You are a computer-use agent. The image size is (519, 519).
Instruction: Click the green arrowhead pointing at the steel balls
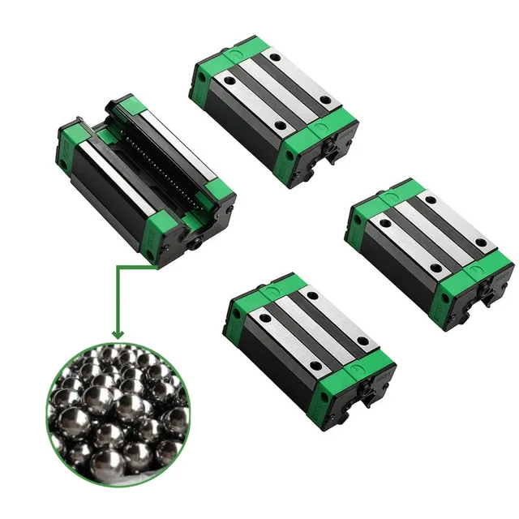(x=118, y=332)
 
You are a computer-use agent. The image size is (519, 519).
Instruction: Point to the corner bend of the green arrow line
(x=118, y=264)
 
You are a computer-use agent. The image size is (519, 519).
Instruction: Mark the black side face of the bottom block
(x=276, y=365)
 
